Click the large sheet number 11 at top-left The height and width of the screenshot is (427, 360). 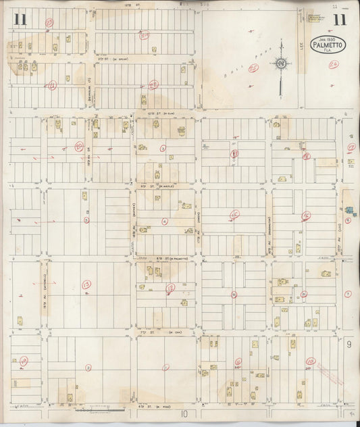point(19,20)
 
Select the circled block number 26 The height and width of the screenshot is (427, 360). point(332,65)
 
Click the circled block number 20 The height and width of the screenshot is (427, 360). point(79,146)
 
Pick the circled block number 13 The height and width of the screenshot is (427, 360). point(86,285)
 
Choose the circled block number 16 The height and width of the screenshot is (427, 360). point(307,216)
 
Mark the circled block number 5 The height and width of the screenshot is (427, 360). point(86,219)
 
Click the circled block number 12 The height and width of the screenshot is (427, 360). point(171,287)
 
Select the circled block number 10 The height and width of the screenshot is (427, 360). point(310,362)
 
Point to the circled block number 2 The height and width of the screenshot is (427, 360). point(88,368)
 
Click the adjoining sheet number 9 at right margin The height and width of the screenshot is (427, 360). point(349,345)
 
